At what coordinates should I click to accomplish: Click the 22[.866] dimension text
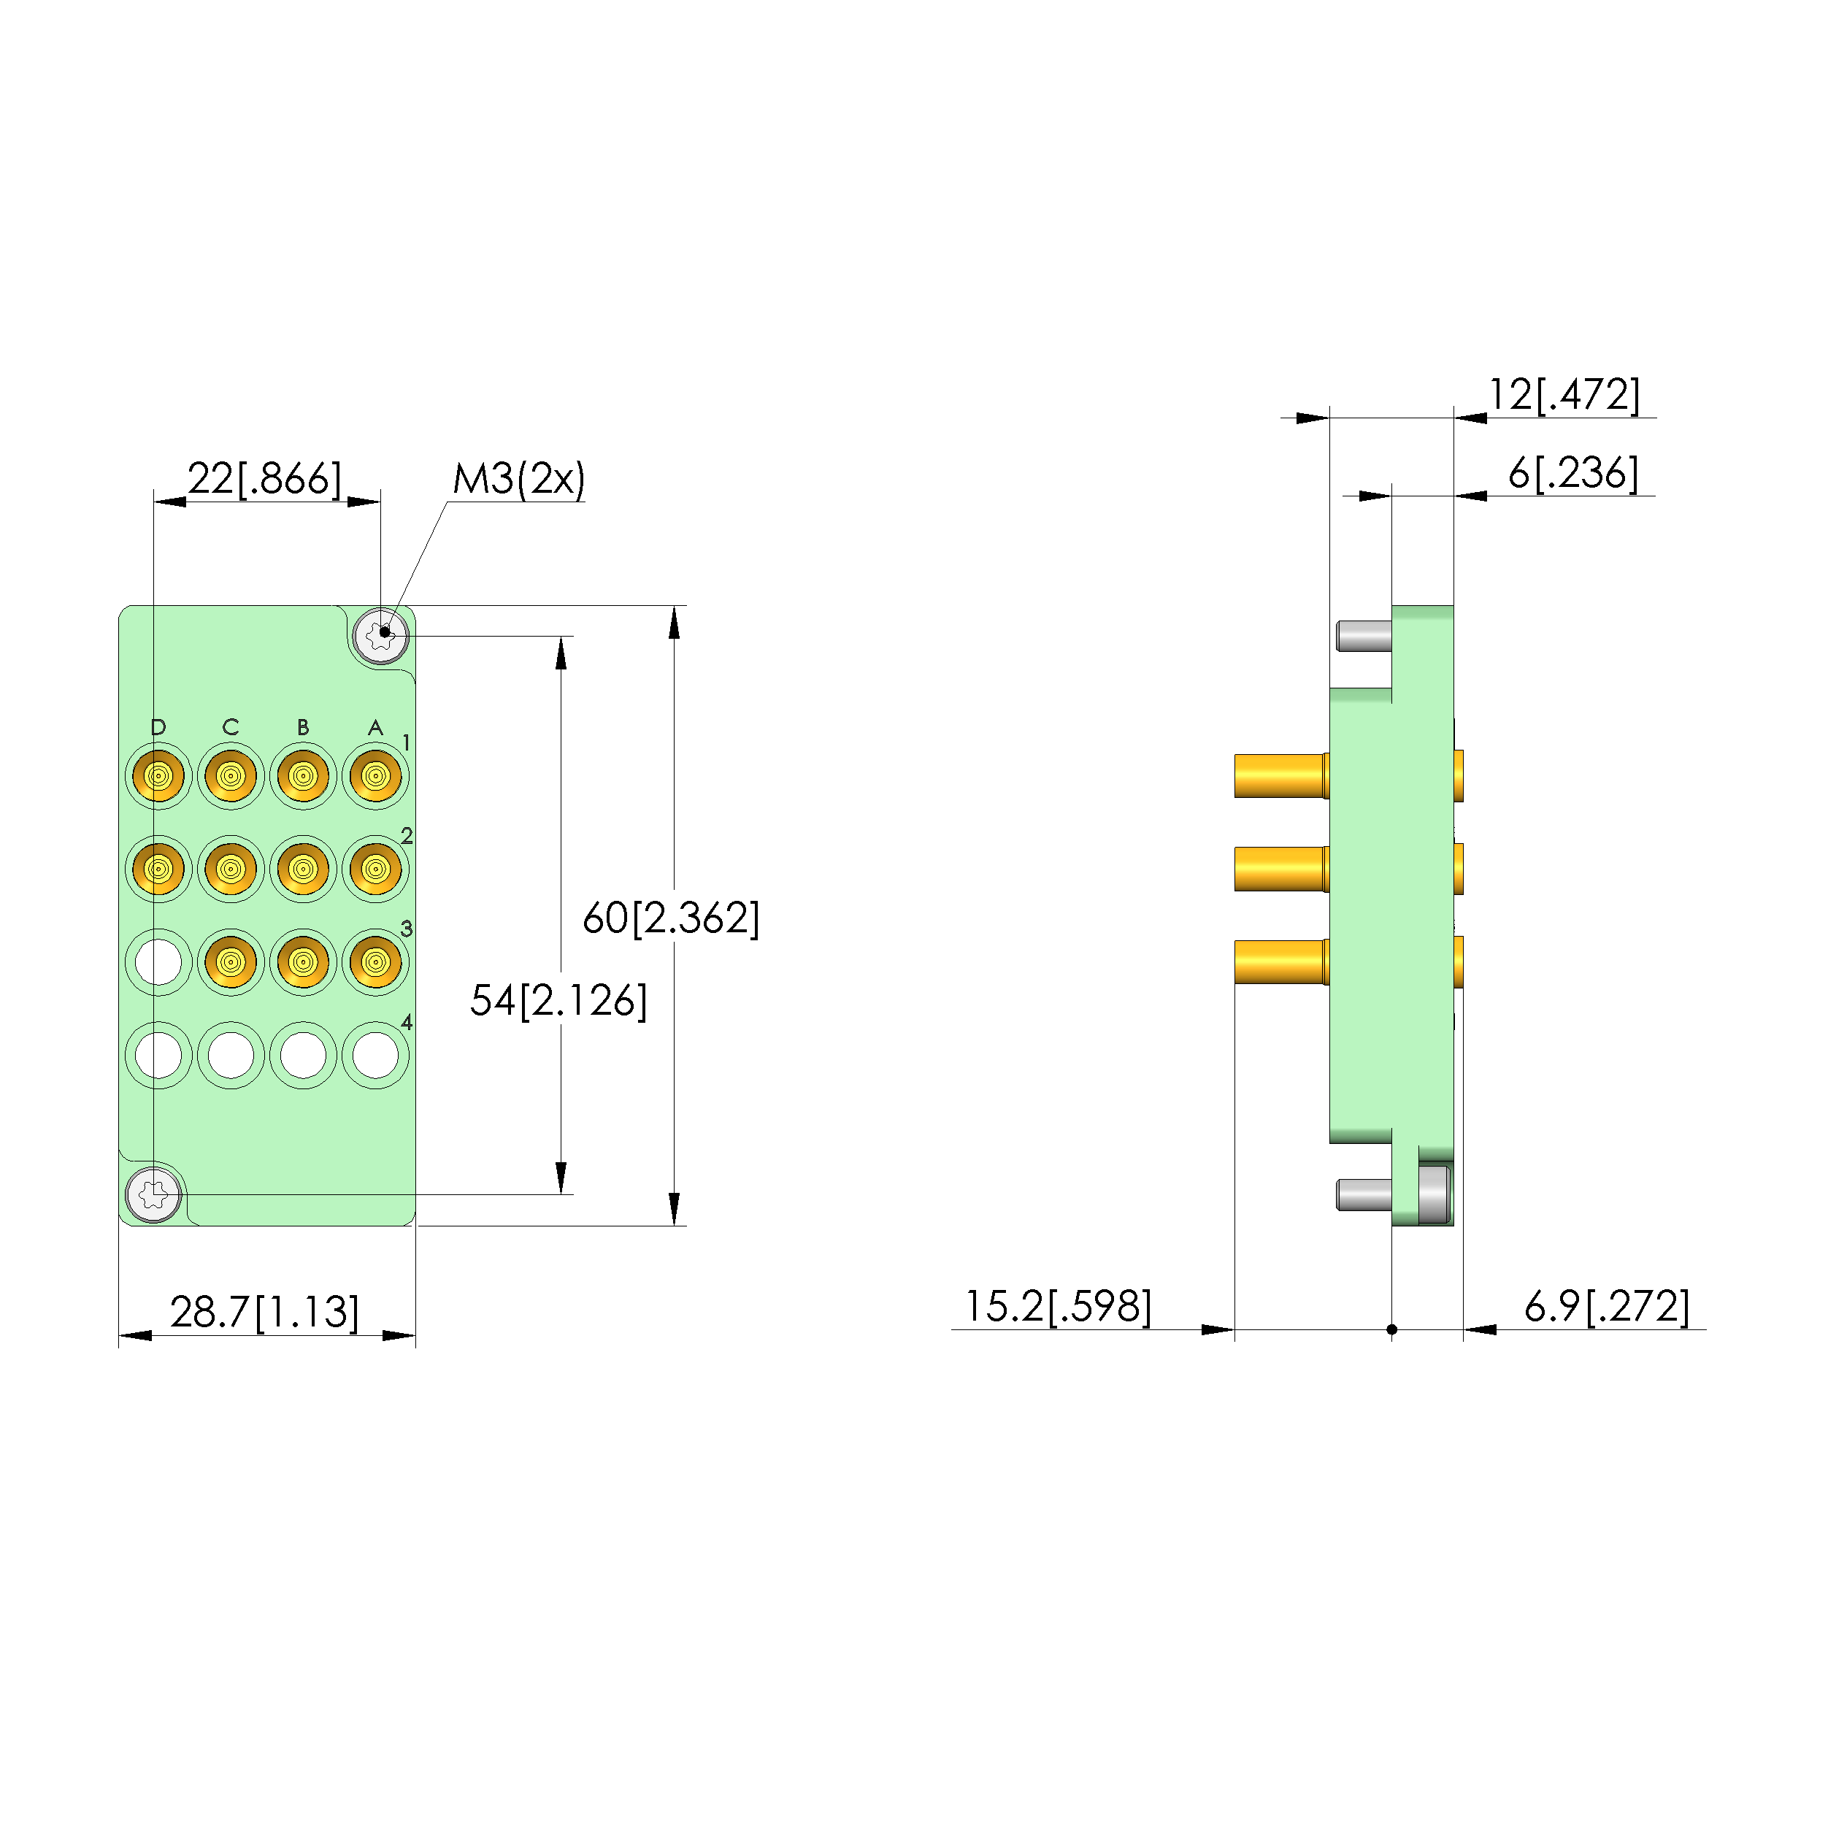click(264, 479)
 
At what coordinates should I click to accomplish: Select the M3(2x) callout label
click(518, 479)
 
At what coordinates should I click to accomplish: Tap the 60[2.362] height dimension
click(671, 918)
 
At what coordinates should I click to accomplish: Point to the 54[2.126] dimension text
click(558, 1001)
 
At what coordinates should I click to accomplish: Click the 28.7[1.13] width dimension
click(265, 1313)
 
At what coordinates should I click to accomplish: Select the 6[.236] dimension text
click(1573, 473)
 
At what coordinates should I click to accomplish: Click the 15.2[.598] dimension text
click(1058, 1307)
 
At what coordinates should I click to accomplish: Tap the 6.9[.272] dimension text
click(1607, 1307)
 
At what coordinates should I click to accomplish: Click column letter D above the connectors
click(158, 726)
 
